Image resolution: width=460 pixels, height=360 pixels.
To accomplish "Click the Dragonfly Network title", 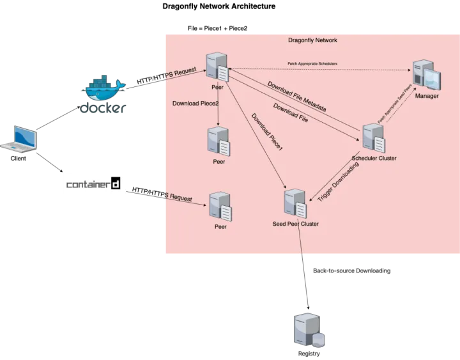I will (312, 40).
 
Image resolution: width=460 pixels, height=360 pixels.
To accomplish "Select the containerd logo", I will (95, 184).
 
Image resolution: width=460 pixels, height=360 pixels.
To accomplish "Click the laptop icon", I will (19, 139).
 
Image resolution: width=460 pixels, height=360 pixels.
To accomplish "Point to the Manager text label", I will (427, 96).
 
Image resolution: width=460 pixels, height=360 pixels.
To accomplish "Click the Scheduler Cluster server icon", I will (373, 138).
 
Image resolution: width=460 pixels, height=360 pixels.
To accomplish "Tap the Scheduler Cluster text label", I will (374, 158).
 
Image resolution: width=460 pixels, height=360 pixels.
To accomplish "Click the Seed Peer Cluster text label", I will (295, 224).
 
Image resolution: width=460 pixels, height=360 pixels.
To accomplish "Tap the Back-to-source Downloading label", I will (352, 271).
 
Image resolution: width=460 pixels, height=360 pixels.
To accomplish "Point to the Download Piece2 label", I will (195, 103).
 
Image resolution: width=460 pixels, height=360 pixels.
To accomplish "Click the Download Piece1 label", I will (267, 132).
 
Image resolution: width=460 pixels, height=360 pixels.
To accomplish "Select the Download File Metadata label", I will (296, 97).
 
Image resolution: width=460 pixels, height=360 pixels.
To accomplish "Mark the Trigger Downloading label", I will (338, 182).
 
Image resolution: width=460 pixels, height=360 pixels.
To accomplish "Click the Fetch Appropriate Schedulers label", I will (312, 64).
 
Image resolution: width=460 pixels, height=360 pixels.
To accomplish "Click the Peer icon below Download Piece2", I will (218, 141).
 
